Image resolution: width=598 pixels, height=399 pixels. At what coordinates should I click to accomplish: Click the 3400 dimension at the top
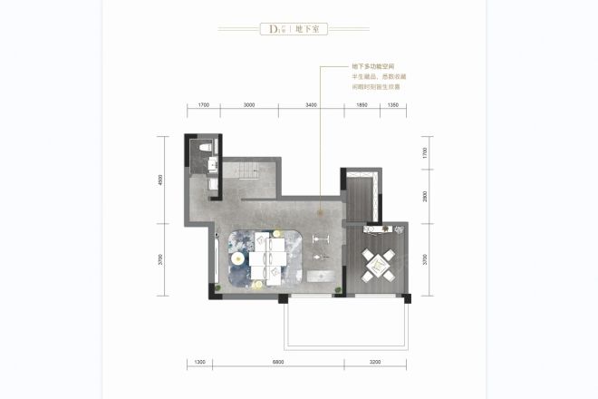coord(311,106)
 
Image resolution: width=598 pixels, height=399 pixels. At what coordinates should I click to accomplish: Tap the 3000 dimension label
coord(249,106)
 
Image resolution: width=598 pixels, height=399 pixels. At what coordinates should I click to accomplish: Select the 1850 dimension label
coord(361,106)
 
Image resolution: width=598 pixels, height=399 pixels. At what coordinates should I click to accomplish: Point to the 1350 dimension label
coord(393,106)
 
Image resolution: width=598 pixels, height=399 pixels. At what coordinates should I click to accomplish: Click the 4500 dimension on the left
coord(159,180)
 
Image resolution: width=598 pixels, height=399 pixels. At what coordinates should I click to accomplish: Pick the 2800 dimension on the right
coord(424,197)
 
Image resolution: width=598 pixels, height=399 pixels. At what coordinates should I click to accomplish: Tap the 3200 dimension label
coord(376,363)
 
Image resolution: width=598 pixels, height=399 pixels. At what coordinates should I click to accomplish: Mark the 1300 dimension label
coord(200,363)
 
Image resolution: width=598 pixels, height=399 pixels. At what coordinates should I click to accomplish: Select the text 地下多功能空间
coord(371,68)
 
